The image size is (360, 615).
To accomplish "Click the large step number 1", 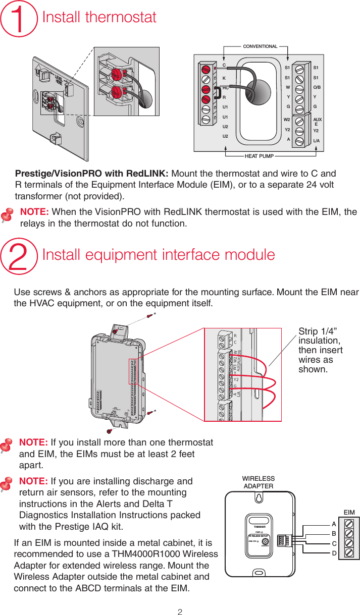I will pyautogui.click(x=19, y=19).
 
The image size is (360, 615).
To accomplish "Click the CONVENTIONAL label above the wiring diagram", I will pyautogui.click(x=260, y=46).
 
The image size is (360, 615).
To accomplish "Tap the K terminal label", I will pyautogui.click(x=224, y=78).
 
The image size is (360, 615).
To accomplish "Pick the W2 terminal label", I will pyautogui.click(x=287, y=120).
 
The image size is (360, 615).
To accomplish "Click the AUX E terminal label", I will pyautogui.click(x=318, y=122).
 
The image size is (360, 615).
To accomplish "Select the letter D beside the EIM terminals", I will pyautogui.click(x=334, y=553).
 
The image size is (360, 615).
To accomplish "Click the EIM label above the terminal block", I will pyautogui.click(x=348, y=513).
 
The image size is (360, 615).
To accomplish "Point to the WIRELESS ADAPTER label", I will pyautogui.click(x=258, y=482).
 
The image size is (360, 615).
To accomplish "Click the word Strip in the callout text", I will pyautogui.click(x=310, y=331).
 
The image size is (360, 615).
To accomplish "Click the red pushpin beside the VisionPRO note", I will pyautogui.click(x=7, y=216).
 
